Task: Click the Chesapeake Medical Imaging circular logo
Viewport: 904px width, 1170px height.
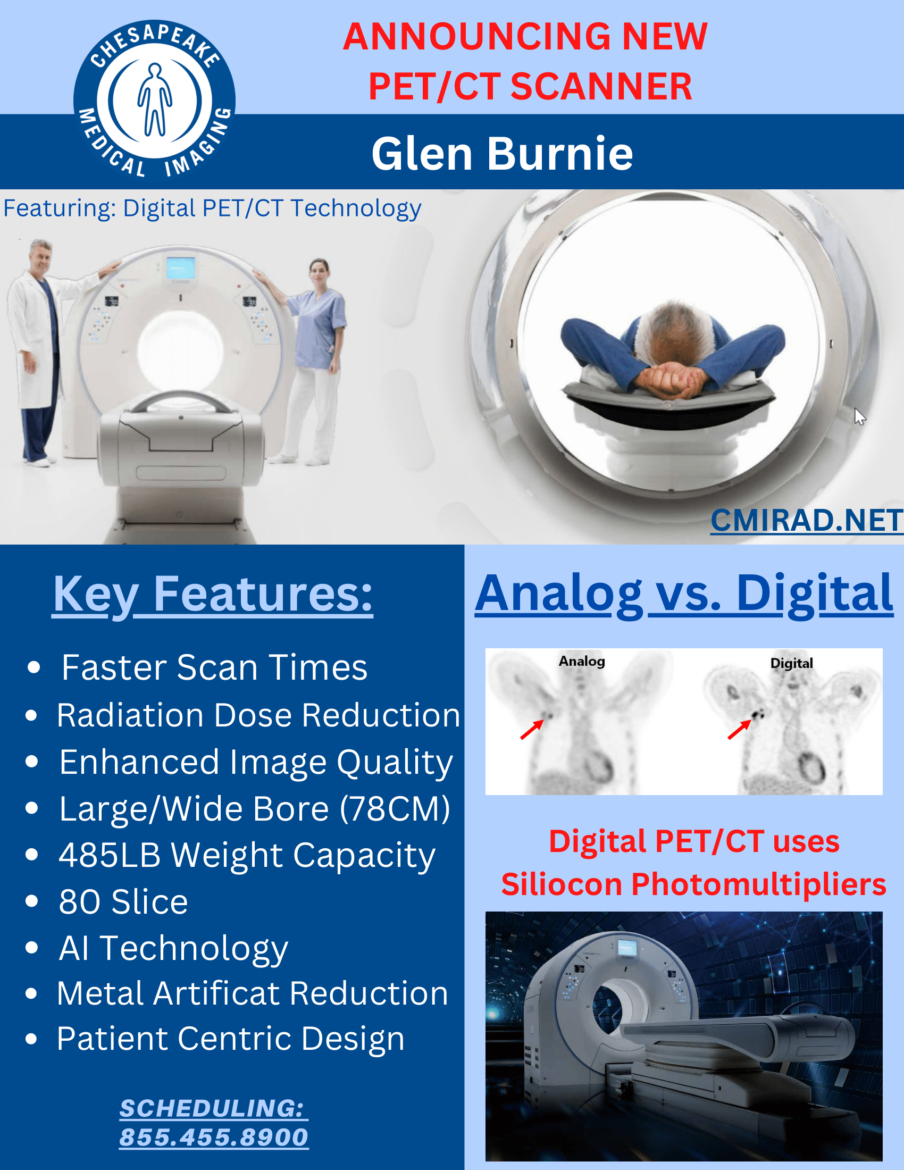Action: (154, 100)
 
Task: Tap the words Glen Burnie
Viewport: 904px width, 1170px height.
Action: (502, 154)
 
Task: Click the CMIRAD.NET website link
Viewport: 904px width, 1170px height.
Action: (806, 520)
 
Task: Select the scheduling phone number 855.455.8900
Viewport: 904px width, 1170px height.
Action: (213, 1137)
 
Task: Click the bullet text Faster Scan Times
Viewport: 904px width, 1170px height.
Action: (214, 667)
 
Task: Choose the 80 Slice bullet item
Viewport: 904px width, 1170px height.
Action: (123, 901)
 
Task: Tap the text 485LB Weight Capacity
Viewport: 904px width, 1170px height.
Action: (247, 855)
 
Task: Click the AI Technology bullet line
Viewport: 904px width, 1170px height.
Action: (173, 948)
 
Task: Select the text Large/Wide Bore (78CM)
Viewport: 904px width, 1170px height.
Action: (254, 808)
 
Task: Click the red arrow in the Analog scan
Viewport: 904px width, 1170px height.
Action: (531, 730)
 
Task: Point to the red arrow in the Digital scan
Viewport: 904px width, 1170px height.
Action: (739, 729)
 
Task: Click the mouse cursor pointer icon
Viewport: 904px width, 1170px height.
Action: (859, 416)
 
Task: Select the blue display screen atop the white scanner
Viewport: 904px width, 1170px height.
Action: (180, 268)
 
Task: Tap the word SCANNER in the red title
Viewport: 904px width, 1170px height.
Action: (601, 86)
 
